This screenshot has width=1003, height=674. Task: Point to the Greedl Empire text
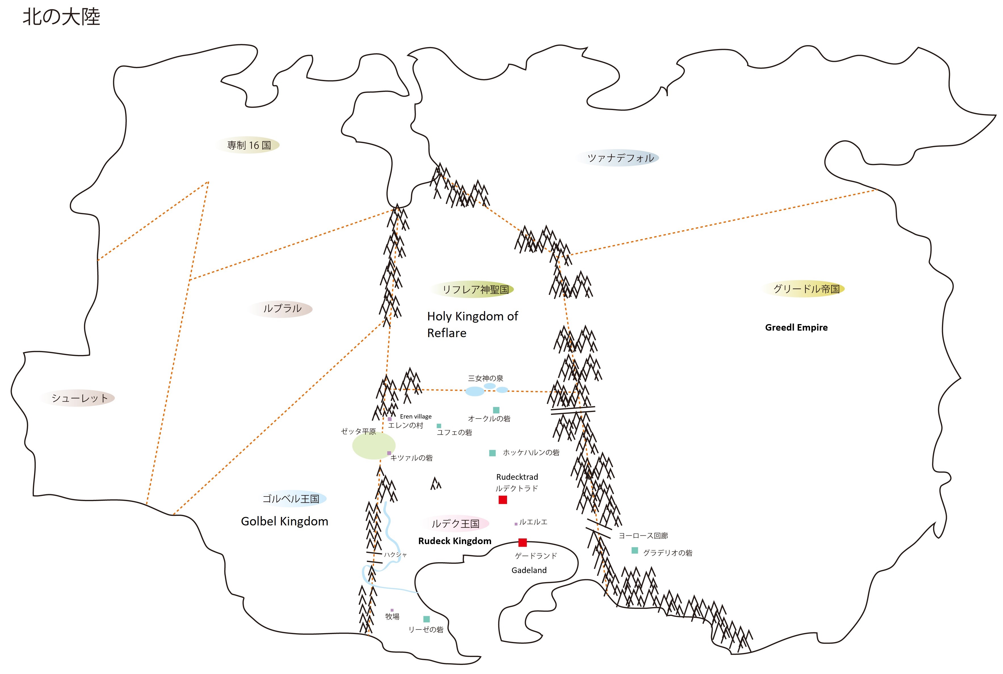[796, 328]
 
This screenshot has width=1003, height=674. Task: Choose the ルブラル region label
[282, 308]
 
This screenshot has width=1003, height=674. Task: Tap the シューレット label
[79, 398]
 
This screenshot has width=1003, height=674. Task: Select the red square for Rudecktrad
[502, 500]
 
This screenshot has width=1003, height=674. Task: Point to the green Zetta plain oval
[373, 446]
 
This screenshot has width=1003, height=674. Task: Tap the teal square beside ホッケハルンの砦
[493, 453]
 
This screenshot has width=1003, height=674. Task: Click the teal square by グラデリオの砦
[634, 550]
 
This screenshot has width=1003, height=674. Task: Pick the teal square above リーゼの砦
[426, 619]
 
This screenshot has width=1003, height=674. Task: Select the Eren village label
[415, 417]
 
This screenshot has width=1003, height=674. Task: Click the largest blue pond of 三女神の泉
[475, 391]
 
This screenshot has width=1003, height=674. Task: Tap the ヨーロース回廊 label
[643, 536]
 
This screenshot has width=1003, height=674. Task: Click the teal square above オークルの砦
[496, 410]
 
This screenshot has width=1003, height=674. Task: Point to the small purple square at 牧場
[392, 610]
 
